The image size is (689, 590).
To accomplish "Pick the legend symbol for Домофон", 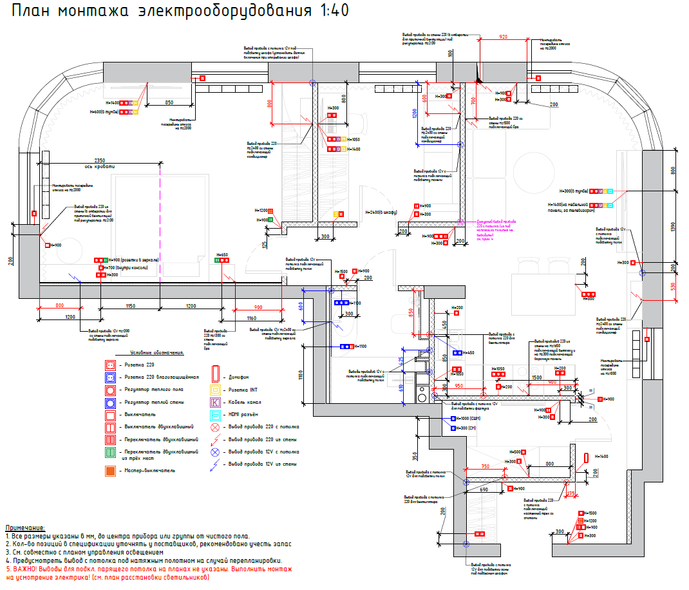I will click(216, 377).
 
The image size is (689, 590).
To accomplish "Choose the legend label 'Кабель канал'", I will click(245, 402).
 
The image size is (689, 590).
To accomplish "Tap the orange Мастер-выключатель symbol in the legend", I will click(110, 471).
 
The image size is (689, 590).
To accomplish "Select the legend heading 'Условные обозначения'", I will click(157, 353).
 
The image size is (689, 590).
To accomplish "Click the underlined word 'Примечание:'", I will click(25, 528).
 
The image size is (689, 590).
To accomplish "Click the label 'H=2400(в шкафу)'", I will click(381, 212).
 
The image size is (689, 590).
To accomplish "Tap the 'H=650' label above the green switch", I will click(222, 255).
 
